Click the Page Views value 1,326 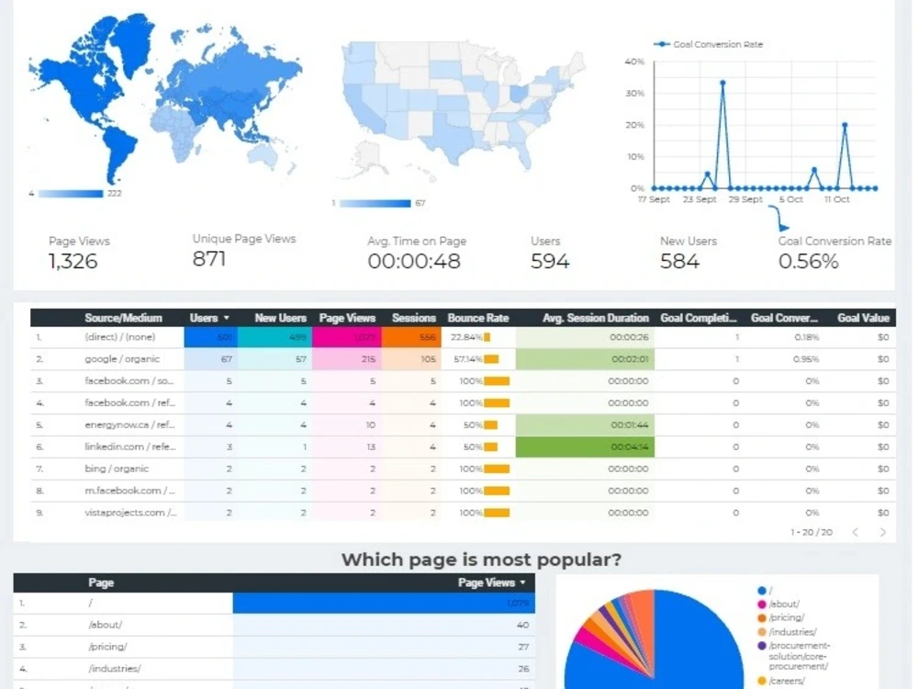(73, 262)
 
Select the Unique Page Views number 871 (208, 259)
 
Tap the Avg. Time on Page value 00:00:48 (413, 262)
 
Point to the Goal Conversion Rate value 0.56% (808, 262)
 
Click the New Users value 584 (679, 262)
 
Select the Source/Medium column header (123, 318)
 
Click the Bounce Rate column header (477, 318)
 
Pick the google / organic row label (120, 359)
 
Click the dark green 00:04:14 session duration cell (585, 447)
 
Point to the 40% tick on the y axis (634, 62)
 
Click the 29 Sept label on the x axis (745, 199)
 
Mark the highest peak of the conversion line (722, 83)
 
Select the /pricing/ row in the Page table (107, 647)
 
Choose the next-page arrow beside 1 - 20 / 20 (883, 532)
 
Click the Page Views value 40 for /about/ (522, 625)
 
